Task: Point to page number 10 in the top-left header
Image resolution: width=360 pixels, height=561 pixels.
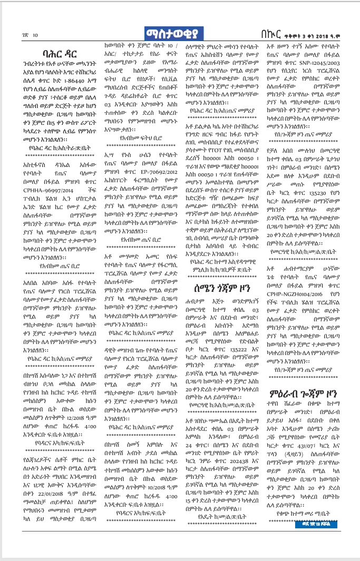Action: point(35,36)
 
